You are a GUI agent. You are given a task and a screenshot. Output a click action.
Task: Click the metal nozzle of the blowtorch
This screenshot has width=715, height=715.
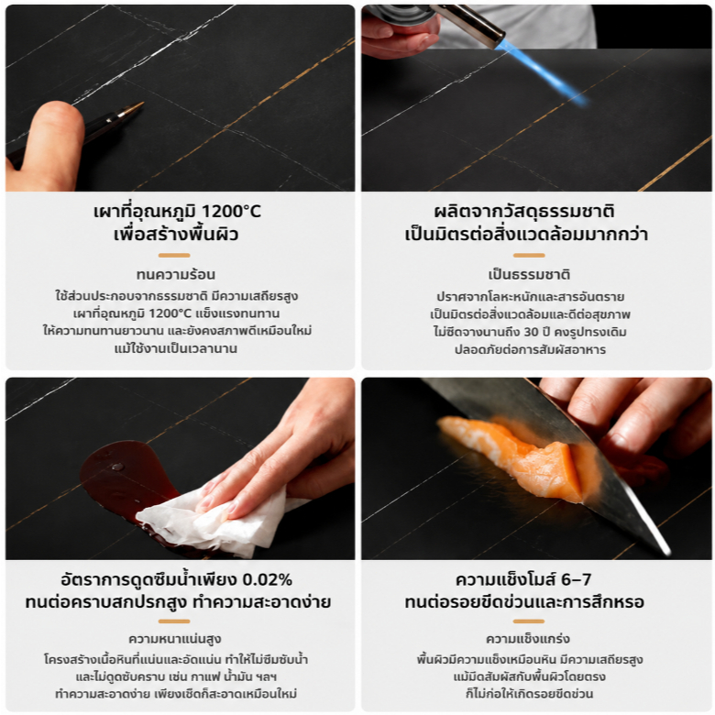point(469,25)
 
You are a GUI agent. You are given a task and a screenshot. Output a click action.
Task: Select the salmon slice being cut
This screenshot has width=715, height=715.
point(515,456)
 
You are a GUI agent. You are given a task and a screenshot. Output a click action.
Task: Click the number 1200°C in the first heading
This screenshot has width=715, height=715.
point(231,211)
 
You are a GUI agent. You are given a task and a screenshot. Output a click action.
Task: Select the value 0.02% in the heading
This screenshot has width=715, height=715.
point(267,579)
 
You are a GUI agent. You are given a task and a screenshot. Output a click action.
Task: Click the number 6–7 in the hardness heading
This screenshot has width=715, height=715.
point(576,579)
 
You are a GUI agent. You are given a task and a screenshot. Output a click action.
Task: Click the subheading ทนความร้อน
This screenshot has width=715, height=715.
point(176,274)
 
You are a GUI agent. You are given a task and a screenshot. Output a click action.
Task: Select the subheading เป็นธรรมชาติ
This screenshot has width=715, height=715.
point(529,274)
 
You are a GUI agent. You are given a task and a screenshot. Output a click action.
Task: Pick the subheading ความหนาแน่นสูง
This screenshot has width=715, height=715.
point(175,639)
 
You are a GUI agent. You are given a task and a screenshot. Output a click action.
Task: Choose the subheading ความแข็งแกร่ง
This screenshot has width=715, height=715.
point(528,639)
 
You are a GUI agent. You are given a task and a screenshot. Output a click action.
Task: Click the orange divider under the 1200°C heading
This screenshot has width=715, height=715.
point(174,256)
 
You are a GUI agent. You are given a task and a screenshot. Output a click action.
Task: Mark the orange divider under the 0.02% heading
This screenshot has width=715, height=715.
point(174,621)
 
